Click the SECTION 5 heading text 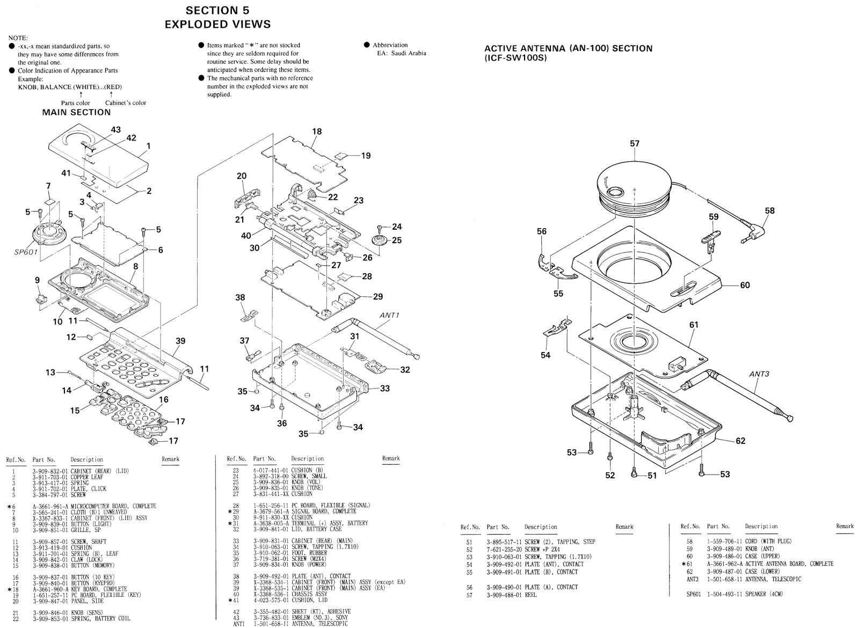pos(217,10)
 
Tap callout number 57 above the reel pos(635,143)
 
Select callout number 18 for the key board pos(317,131)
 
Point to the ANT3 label pos(760,374)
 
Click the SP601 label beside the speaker pos(26,252)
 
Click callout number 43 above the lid pos(115,129)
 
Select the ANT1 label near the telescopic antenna pos(390,315)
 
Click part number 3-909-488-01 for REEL pos(504,595)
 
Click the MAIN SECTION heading pos(76,112)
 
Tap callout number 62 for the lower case pos(740,441)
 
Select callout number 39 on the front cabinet pos(180,341)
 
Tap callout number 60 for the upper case pos(745,285)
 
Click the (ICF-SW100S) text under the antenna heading pos(515,58)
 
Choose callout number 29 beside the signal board pos(378,296)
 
